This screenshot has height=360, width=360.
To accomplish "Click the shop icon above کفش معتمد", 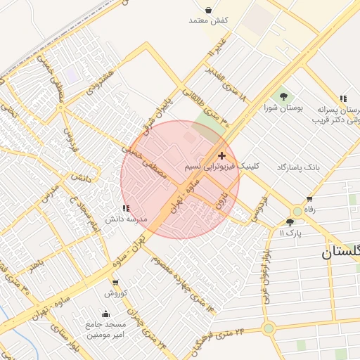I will (x=209, y=10).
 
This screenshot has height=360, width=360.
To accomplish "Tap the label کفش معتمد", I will (x=209, y=21).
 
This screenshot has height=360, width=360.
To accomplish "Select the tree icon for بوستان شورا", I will (x=283, y=96).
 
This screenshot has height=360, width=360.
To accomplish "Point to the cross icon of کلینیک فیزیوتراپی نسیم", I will (x=222, y=155).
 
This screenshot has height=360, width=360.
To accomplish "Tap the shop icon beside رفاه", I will (x=310, y=199).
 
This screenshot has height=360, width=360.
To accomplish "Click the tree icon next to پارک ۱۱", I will (x=290, y=222).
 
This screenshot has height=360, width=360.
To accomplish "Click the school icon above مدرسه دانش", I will (x=126, y=208).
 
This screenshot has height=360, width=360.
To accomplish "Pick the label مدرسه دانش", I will (x=126, y=219).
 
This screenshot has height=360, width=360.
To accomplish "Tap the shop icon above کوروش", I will (x=115, y=283).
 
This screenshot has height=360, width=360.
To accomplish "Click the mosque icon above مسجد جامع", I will (x=106, y=314).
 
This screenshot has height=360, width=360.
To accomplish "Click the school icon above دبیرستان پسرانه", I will (x=343, y=98).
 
